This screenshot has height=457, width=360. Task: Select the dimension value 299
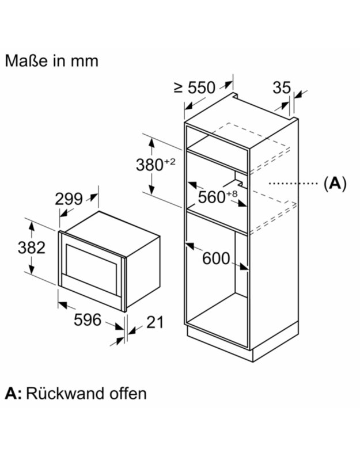coord(69,199)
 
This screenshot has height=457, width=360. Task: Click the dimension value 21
coord(152,322)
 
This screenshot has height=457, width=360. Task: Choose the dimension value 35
coord(281,87)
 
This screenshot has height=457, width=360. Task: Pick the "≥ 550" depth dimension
coord(194,87)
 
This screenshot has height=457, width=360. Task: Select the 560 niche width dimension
coord(211,197)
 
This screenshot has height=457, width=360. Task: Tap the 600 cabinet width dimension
coord(216,259)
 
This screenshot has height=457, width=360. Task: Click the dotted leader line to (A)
coord(294,184)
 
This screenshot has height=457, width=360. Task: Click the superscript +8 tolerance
coord(232,193)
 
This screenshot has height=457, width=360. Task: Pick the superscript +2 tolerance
coord(170,162)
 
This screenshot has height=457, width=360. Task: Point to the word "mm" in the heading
coord(86,61)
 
